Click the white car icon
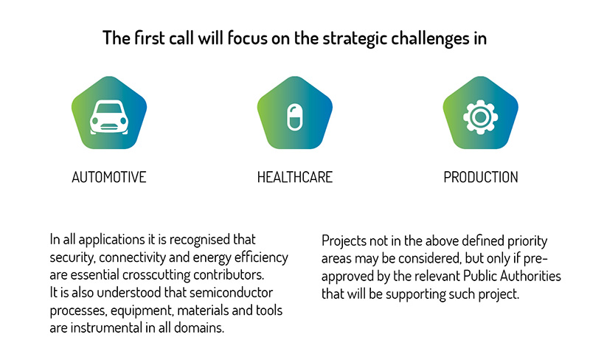click(109, 117)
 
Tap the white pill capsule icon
click(294, 117)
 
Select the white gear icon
click(481, 117)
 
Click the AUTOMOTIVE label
click(108, 177)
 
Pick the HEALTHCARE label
click(294, 177)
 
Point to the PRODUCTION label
click(481, 177)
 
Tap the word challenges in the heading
click(427, 39)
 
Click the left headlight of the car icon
click(95, 120)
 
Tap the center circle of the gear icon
click(481, 117)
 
